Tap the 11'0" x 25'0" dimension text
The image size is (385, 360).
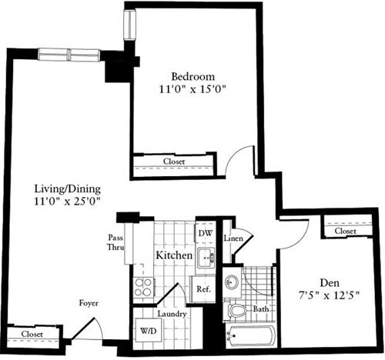coord(69,202)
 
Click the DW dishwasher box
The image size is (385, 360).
coord(205,233)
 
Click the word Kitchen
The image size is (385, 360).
coord(174,255)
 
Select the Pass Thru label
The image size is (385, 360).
coord(115,243)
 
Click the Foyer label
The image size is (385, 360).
coord(89,303)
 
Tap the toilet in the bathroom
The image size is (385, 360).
coord(238,311)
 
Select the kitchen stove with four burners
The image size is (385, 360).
coord(144,288)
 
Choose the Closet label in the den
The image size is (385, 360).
coord(345,231)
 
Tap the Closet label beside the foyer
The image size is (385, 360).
coord(32,334)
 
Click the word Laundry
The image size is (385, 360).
coord(172,313)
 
